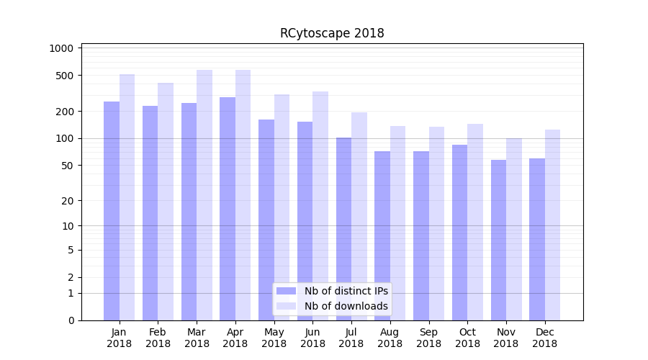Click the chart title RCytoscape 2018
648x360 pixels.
pyautogui.click(x=332, y=33)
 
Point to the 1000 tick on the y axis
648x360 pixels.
pyautogui.click(x=62, y=48)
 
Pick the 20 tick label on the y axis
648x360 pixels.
pyautogui.click(x=68, y=201)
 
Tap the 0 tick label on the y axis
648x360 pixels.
pyautogui.click(x=71, y=320)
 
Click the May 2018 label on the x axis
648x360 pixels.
pyautogui.click(x=274, y=338)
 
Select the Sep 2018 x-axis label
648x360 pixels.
pyautogui.click(x=428, y=338)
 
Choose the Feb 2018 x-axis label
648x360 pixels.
pyautogui.click(x=158, y=338)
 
